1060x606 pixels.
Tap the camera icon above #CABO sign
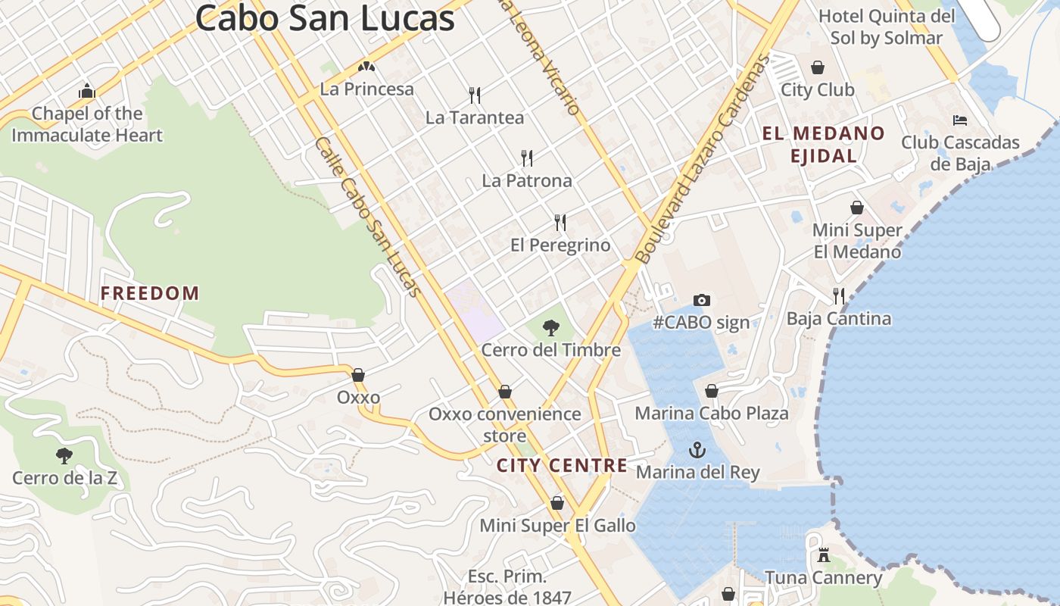coord(702,300)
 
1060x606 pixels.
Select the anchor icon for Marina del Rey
coord(697,451)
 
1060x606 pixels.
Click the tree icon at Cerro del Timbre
coord(551,328)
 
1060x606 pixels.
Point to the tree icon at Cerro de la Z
coord(64,456)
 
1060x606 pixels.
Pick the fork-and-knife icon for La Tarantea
coord(475,95)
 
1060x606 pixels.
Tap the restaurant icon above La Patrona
coord(527,158)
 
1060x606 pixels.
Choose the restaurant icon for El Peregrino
coord(560,223)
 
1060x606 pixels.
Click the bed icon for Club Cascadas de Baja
coord(960,120)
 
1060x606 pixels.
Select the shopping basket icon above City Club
coord(818,67)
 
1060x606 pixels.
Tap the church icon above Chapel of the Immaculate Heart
coord(87,92)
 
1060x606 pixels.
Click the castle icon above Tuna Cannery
coord(824,555)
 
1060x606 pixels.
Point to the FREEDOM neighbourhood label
coord(150,293)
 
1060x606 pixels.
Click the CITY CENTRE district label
coord(562,465)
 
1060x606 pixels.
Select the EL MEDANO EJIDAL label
coord(823,145)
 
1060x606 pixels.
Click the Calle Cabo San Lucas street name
coord(368,217)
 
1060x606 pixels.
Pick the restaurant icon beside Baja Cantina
coord(839,295)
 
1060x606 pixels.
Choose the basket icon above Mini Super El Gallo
coord(557,503)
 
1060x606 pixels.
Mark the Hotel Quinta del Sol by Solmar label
coord(887,27)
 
